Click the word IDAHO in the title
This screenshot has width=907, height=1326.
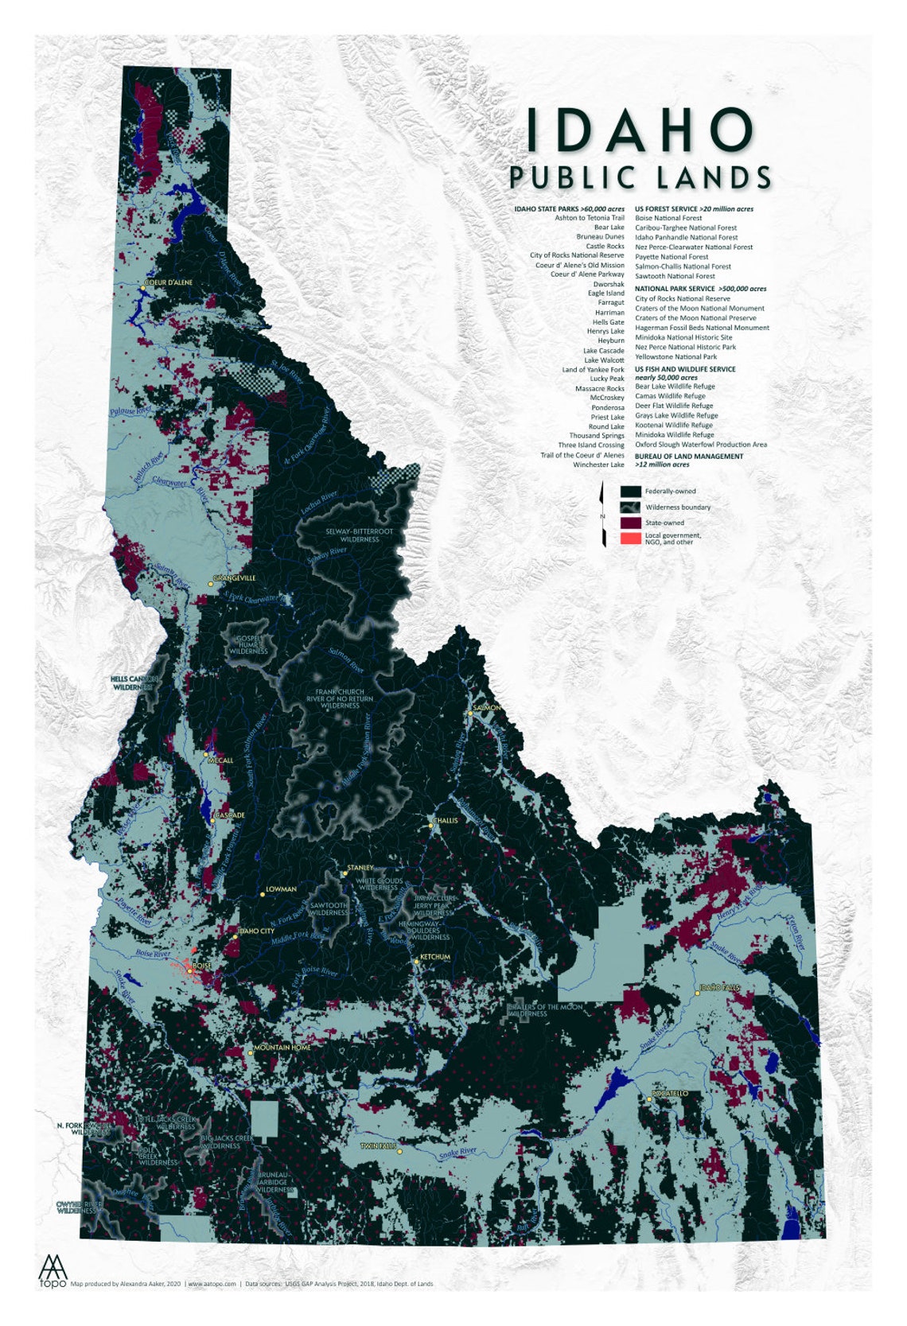pyautogui.click(x=640, y=130)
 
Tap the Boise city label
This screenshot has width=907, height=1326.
pyautogui.click(x=202, y=966)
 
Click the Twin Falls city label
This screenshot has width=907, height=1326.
pyautogui.click(x=376, y=1145)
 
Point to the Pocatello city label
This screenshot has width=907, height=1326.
pyautogui.click(x=670, y=1093)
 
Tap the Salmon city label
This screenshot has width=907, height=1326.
pyautogui.click(x=487, y=707)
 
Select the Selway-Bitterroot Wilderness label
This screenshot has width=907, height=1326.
pyautogui.click(x=359, y=535)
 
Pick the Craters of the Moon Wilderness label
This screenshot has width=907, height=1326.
pyautogui.click(x=546, y=1010)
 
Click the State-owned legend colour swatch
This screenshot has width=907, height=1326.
pyautogui.click(x=631, y=523)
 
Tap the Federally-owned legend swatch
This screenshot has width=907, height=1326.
pyautogui.click(x=631, y=492)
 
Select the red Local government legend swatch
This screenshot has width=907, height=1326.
pyautogui.click(x=631, y=539)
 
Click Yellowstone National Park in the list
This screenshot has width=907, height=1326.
pyautogui.click(x=675, y=356)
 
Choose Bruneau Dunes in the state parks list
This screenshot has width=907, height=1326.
pyautogui.click(x=600, y=236)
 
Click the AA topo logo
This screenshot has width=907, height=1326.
pyautogui.click(x=53, y=1270)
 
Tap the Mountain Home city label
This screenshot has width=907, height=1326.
pyautogui.click(x=282, y=1048)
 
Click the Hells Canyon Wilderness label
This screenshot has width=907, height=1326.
pyautogui.click(x=134, y=682)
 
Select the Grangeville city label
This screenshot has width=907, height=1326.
pyautogui.click(x=235, y=578)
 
